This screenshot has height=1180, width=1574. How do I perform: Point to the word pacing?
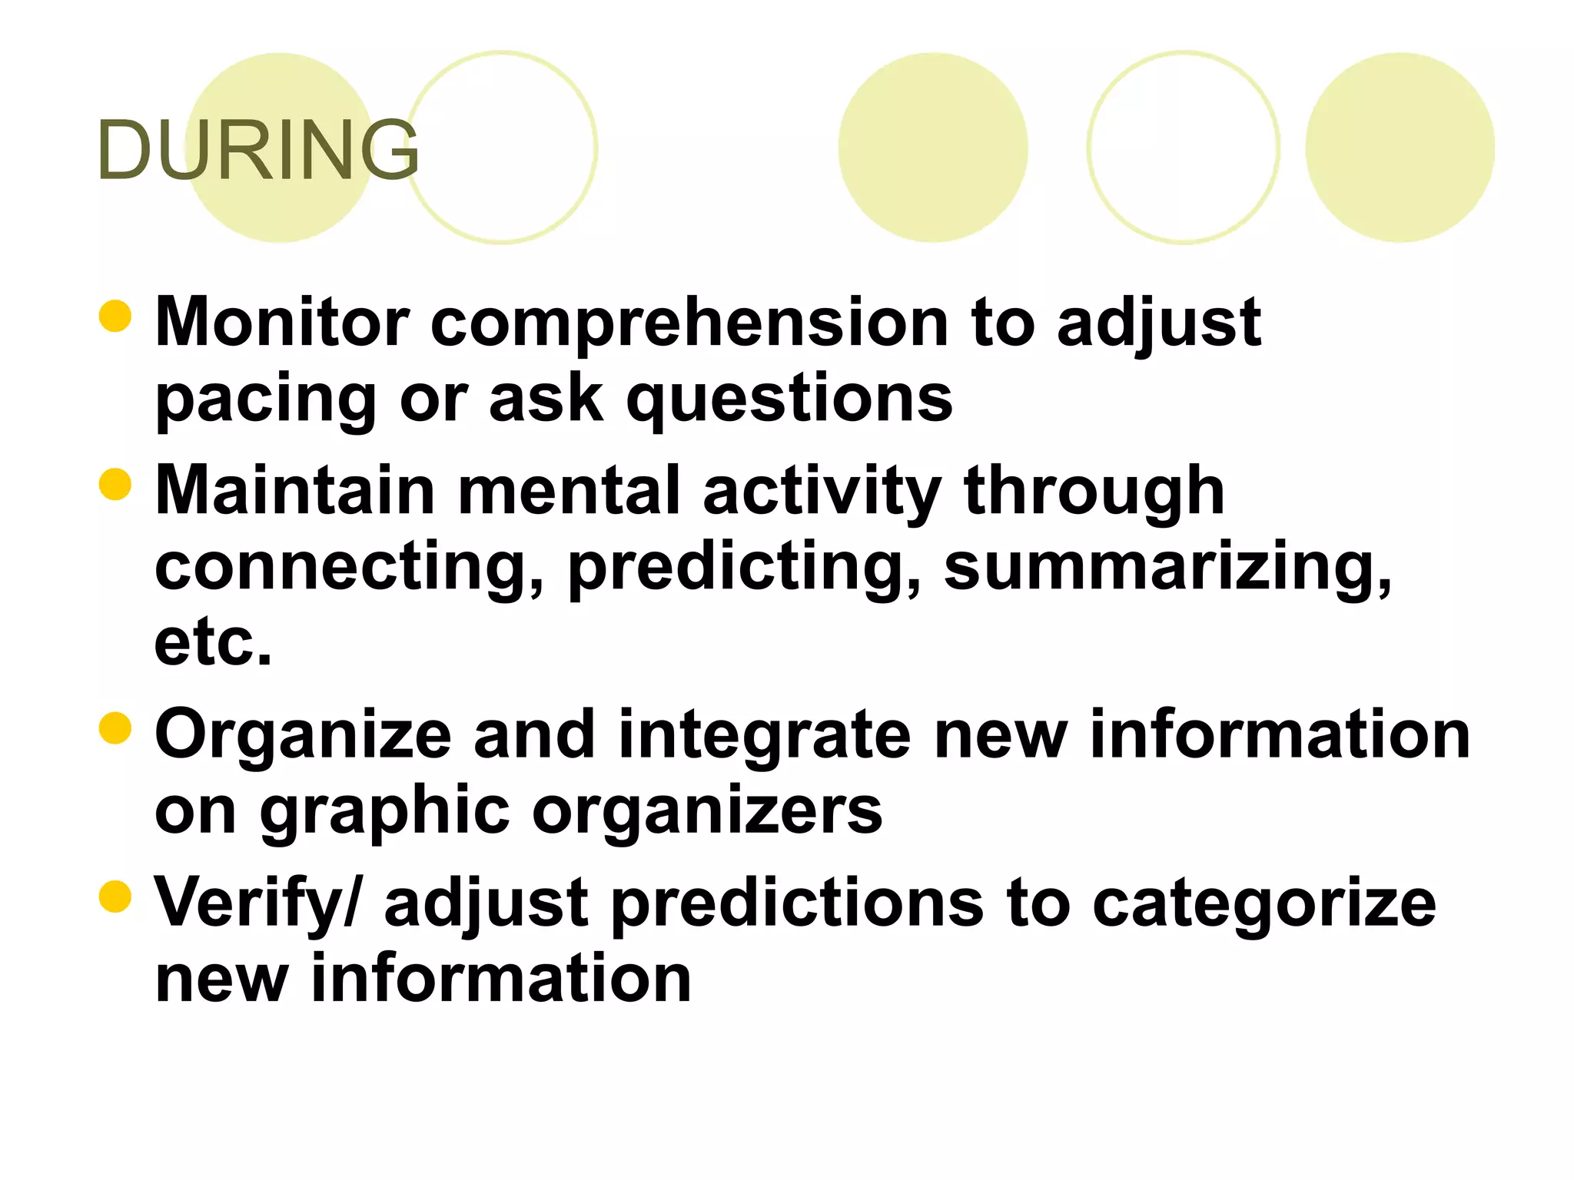[266, 401]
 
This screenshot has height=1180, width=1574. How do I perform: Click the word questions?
[789, 401]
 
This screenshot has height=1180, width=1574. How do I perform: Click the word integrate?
[764, 737]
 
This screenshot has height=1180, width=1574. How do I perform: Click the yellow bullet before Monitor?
[115, 316]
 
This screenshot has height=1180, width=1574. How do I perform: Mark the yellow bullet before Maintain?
[115, 484]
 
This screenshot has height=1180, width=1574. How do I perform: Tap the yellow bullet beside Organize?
[115, 728]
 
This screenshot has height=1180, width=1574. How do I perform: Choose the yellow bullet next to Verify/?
[115, 897]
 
